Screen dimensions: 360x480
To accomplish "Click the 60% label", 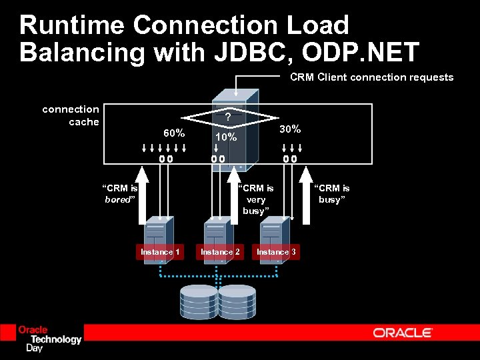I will click(173, 133).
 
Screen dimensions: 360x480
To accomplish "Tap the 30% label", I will click(290, 128).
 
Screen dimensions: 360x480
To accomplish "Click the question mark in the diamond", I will click(228, 117).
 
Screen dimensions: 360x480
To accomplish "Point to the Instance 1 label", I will click(160, 251).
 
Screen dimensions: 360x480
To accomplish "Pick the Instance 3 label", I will click(277, 251).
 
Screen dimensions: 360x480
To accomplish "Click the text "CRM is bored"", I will click(120, 193).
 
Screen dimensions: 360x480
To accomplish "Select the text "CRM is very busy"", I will click(256, 199).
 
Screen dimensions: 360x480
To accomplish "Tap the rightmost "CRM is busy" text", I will click(331, 193).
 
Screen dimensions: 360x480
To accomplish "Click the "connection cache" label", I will click(71, 115).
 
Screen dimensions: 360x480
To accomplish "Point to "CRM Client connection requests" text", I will click(371, 77).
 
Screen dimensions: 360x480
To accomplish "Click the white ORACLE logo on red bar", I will click(403, 332).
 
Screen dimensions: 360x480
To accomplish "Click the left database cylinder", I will click(199, 301).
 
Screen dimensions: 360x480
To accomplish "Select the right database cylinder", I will click(237, 301).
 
